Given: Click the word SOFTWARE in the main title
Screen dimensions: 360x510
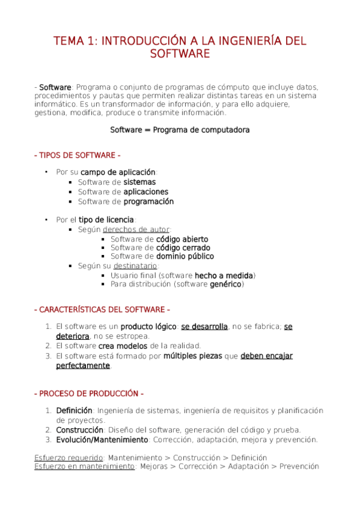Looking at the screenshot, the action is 180,54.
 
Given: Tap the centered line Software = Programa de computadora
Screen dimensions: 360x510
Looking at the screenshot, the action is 180,130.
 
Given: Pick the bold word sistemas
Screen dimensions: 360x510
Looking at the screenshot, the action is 139,182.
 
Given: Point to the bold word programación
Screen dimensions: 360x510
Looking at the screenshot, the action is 148,201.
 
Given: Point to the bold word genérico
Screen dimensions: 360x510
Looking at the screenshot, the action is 225,284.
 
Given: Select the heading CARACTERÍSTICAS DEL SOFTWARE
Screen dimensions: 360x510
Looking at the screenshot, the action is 102,310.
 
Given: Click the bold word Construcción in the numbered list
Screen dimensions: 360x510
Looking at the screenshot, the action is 80,430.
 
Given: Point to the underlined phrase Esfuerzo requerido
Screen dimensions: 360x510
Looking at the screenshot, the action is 69,457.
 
